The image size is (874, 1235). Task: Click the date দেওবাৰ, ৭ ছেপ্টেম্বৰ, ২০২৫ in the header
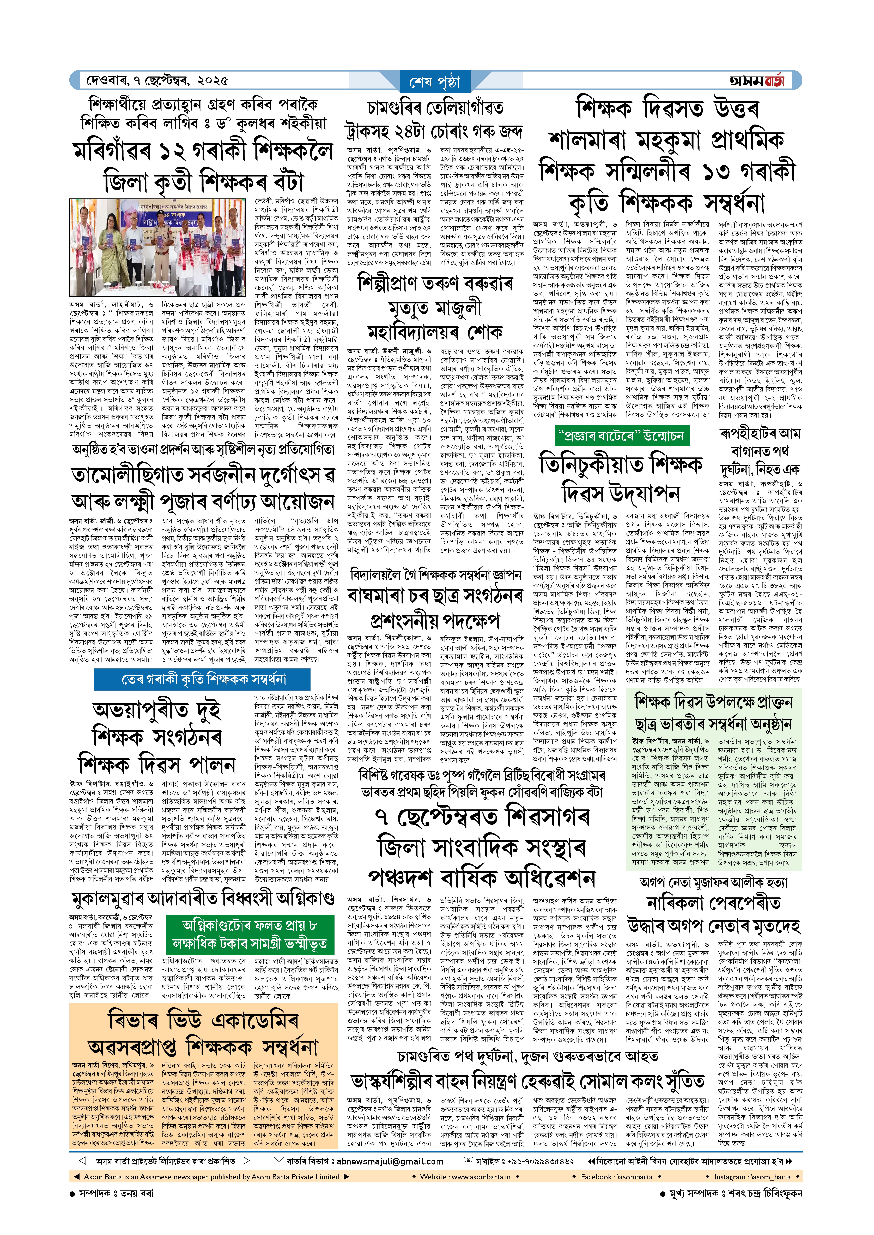[157, 81]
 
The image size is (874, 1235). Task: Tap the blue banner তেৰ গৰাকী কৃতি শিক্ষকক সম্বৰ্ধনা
[203, 679]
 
